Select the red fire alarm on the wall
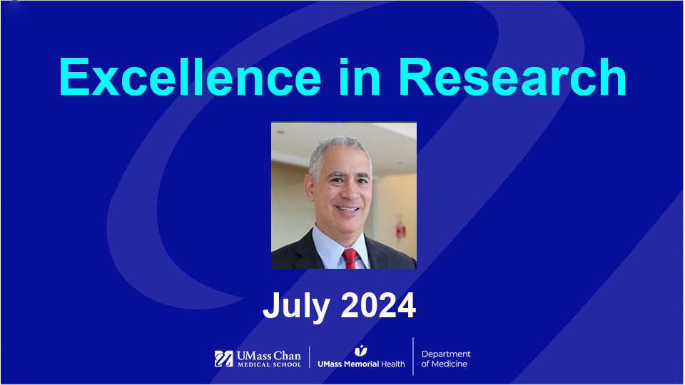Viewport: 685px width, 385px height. [401, 230]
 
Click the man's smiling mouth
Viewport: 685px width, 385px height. [347, 209]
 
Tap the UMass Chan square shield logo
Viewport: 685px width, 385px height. [223, 359]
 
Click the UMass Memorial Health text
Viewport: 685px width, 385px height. [361, 364]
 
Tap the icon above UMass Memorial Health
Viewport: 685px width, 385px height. [361, 350]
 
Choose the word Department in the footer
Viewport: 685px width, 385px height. [446, 354]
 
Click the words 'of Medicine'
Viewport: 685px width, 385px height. [445, 365]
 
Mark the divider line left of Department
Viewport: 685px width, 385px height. [413, 356]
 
